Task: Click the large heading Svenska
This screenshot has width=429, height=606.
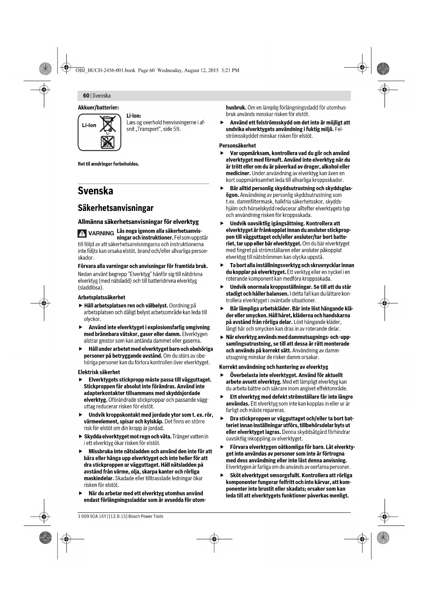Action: click(95, 191)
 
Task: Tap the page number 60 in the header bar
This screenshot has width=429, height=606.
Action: click(86, 96)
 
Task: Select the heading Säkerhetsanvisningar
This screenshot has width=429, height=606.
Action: click(115, 208)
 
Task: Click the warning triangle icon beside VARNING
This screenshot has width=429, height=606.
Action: click(82, 234)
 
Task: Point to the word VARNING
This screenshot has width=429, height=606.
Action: click(101, 234)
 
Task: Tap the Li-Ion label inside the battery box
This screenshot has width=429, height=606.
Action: click(89, 125)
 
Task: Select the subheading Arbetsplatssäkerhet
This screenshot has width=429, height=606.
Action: click(102, 297)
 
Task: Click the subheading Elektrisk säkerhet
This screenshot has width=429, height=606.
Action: click(99, 372)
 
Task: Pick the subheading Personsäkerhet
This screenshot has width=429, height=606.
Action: click(237, 145)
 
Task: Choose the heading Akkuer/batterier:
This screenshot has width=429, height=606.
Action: click(98, 107)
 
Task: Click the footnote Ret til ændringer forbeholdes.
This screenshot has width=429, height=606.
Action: click(109, 164)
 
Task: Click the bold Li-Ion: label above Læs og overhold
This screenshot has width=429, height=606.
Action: click(134, 116)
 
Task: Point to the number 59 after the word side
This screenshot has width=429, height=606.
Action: click(176, 129)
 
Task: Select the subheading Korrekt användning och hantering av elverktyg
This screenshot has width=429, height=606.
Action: click(273, 367)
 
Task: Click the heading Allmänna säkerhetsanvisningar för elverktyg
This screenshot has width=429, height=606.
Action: click(138, 221)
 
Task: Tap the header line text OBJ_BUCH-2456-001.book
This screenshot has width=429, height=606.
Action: click(105, 70)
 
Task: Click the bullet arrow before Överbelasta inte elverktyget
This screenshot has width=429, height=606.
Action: click(222, 375)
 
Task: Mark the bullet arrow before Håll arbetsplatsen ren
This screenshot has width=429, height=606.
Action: click(81, 306)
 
